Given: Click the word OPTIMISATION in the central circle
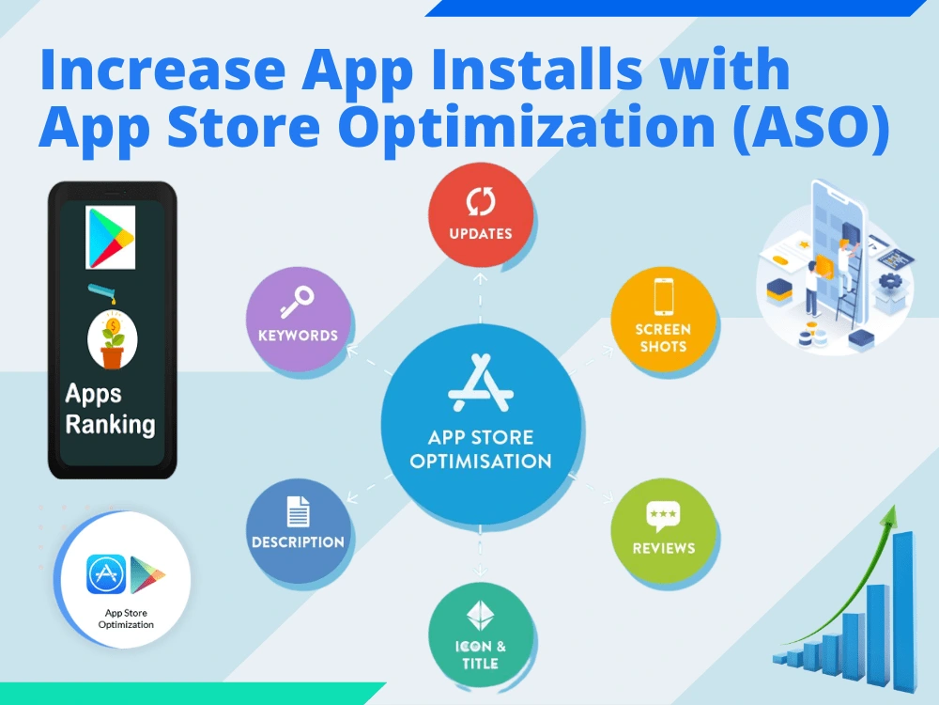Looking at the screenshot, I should tap(481, 462).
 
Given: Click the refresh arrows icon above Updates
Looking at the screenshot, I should tap(481, 202).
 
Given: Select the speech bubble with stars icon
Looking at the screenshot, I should tap(663, 515).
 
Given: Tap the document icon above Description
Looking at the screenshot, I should tap(298, 510).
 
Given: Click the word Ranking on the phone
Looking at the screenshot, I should tap(110, 424).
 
